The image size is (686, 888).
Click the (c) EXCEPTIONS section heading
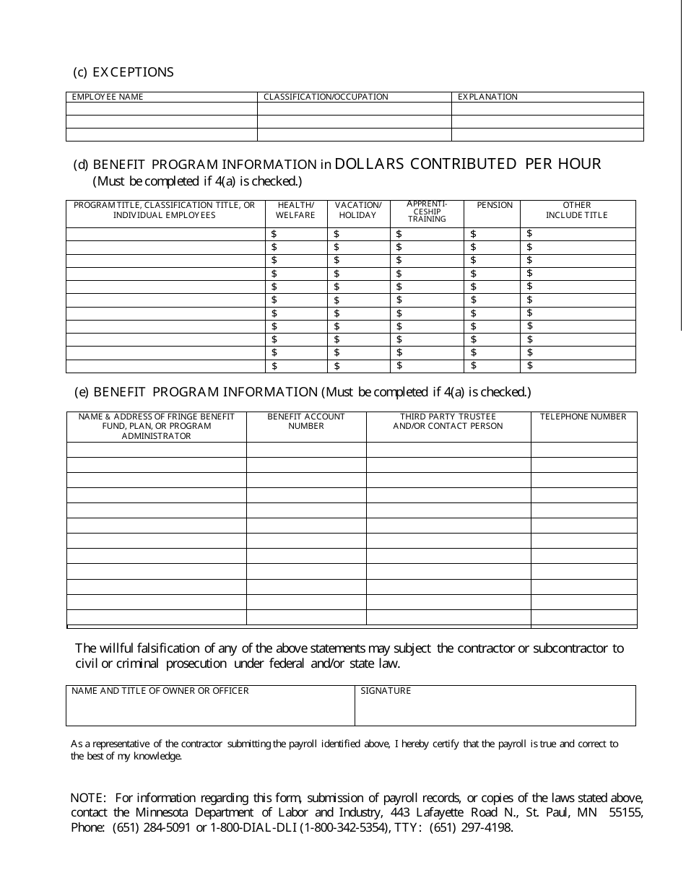pyautogui.click(x=123, y=72)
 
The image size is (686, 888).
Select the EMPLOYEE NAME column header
pyautogui.click(x=108, y=97)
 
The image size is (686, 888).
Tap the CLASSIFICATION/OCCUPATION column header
pyautogui.click(x=326, y=97)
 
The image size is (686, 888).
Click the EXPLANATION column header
pyautogui.click(x=487, y=97)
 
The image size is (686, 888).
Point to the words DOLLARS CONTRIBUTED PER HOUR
pyautogui.click(x=468, y=164)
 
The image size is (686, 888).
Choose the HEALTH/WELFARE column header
pyautogui.click(x=295, y=210)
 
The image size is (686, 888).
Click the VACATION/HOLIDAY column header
pyautogui.click(x=357, y=210)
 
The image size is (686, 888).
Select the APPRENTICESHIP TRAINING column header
pyautogui.click(x=427, y=212)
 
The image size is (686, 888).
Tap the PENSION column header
pyautogui.click(x=495, y=206)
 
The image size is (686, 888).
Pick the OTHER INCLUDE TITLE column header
pyautogui.click(x=577, y=210)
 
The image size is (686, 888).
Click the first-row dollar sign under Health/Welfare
pyautogui.click(x=274, y=234)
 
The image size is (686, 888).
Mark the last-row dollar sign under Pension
pyautogui.click(x=473, y=366)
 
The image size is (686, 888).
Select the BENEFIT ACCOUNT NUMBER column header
pyautogui.click(x=306, y=421)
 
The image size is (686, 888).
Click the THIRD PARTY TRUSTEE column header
pyautogui.click(x=448, y=421)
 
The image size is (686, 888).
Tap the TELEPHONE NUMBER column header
pyautogui.click(x=583, y=417)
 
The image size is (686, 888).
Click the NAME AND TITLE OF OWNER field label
pyautogui.click(x=160, y=691)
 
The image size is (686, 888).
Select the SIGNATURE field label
pyautogui.click(x=386, y=691)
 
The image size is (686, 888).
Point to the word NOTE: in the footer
pyautogui.click(x=88, y=798)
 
